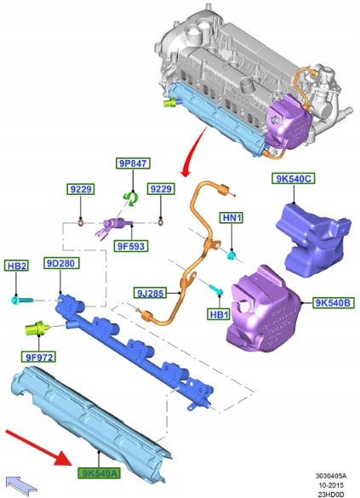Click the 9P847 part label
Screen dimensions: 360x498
[x=133, y=163]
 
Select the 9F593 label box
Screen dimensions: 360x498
[x=131, y=246]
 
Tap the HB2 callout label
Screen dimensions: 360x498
[x=16, y=266]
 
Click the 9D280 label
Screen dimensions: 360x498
[x=61, y=263]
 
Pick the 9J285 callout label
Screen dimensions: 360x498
[x=150, y=293]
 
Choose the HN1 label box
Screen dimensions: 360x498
[x=231, y=218]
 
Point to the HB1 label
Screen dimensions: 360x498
[x=219, y=314]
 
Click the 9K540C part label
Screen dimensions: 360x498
[x=294, y=179]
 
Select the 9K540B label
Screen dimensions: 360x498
[x=333, y=303]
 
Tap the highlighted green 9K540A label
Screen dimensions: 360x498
[x=100, y=473]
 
